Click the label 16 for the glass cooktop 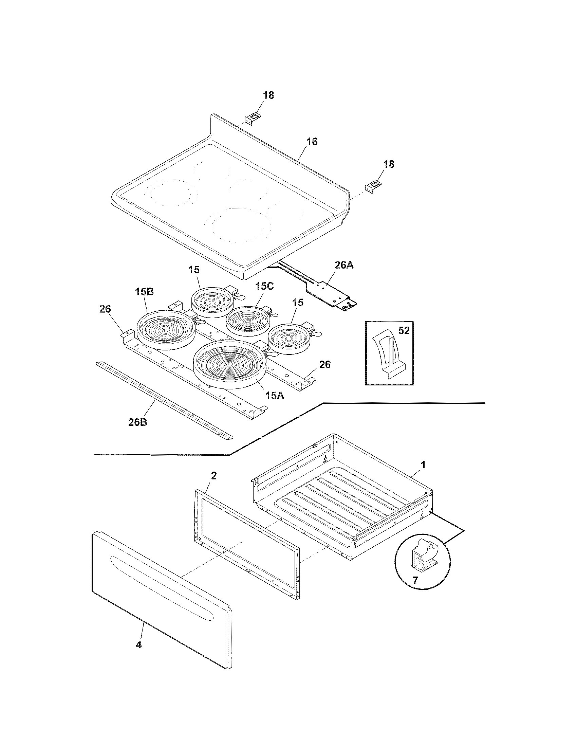point(312,142)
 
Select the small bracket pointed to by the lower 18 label point(372,187)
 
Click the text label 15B point(144,292)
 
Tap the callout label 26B point(138,422)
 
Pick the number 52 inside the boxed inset point(404,331)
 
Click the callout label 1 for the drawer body point(423,464)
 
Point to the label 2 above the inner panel point(213,475)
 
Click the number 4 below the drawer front point(138,645)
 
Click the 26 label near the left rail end point(105,309)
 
